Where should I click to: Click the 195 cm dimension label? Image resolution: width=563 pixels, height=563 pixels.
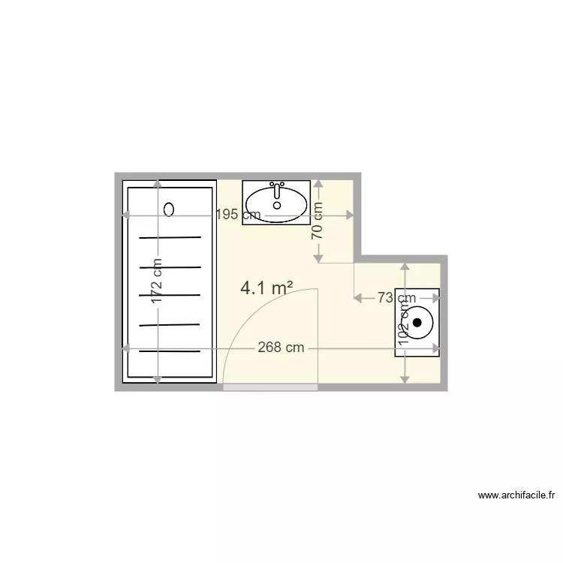pyautogui.click(x=239, y=215)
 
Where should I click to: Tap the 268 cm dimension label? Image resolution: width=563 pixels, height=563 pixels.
pyautogui.click(x=281, y=348)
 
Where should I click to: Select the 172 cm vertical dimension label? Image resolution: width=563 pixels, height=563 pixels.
pyautogui.click(x=157, y=281)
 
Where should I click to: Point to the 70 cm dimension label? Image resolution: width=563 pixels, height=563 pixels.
pyautogui.click(x=318, y=221)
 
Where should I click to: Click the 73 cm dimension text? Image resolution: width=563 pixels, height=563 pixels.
pyautogui.click(x=396, y=298)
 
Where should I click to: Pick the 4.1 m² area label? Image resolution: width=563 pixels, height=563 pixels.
pyautogui.click(x=266, y=288)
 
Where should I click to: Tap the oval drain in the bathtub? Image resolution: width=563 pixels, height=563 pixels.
pyautogui.click(x=169, y=209)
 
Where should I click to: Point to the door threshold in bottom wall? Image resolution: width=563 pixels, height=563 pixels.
pyautogui.click(x=270, y=387)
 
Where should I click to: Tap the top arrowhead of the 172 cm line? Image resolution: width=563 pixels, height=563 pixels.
pyautogui.click(x=157, y=184)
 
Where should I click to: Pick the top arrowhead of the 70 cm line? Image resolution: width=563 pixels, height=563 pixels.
pyautogui.click(x=318, y=183)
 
